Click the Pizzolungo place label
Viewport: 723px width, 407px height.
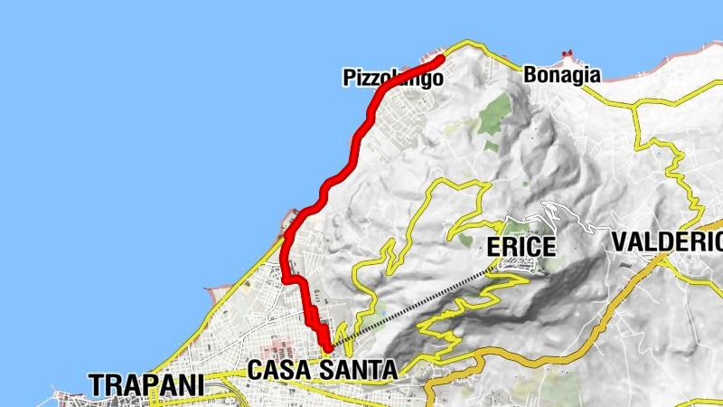coord(393,79)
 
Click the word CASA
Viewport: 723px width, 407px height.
coord(280,370)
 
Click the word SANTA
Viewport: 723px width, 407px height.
coord(358,370)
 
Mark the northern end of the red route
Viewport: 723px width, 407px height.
coord(441,60)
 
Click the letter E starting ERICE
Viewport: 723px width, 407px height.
coord(493,246)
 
